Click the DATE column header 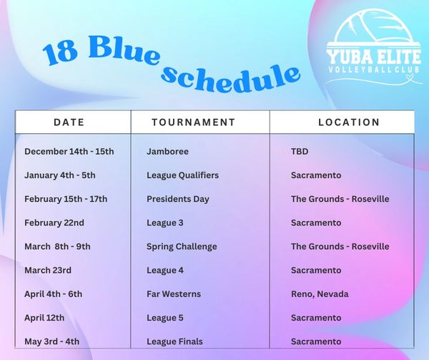[69, 122]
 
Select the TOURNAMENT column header [194, 122]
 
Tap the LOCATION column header [349, 122]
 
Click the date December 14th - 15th [69, 152]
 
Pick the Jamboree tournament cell [167, 152]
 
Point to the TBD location [300, 152]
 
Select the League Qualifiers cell [183, 175]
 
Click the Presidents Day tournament [178, 199]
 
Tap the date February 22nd [54, 223]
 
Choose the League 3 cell [165, 223]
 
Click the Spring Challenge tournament [182, 246]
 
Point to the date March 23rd [48, 271]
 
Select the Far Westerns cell [174, 294]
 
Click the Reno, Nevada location [320, 294]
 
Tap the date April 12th [44, 318]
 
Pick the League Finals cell [175, 341]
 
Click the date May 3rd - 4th [51, 341]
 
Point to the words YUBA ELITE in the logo [374, 57]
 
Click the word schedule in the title [231, 77]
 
